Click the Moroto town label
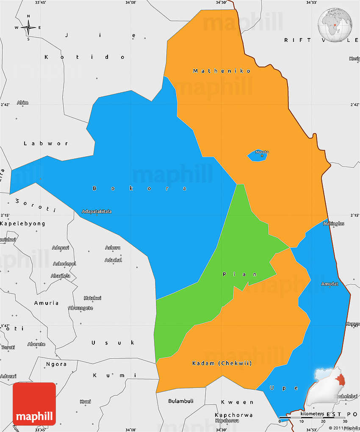[x=262, y=152]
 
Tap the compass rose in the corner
[x=28, y=28]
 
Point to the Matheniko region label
[x=222, y=71]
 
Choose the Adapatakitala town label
[x=97, y=211]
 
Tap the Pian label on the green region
[x=240, y=274]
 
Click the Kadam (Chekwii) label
[x=222, y=363]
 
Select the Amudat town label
[x=330, y=283]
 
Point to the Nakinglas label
[x=334, y=223]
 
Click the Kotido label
[x=85, y=57]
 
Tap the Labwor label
[x=46, y=143]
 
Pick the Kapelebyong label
[x=22, y=223]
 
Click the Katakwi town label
[x=93, y=298]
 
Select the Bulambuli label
[x=181, y=401]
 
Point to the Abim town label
[x=22, y=102]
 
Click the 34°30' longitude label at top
[x=221, y=3]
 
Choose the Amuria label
[x=47, y=303]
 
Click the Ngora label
[x=56, y=364]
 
